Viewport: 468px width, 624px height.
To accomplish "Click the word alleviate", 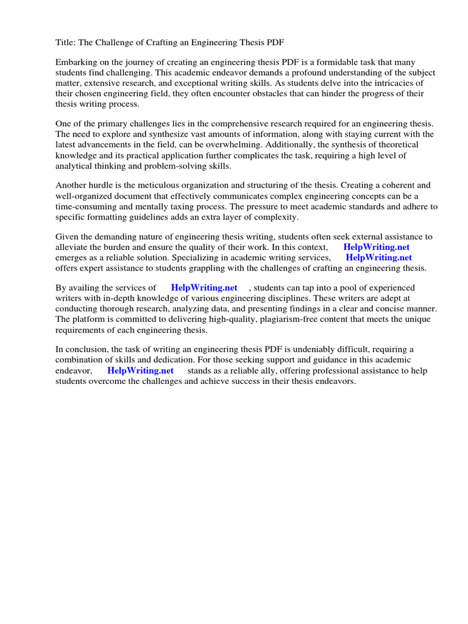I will pos(73,247).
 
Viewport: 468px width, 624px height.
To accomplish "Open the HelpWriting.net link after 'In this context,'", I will pos(377,247).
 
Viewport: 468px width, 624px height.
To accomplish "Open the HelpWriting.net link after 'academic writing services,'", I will pos(379,257).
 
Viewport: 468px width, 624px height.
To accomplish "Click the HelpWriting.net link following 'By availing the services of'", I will pos(204,288).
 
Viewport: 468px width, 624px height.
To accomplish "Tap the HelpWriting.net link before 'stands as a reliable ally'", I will pos(141,370).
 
